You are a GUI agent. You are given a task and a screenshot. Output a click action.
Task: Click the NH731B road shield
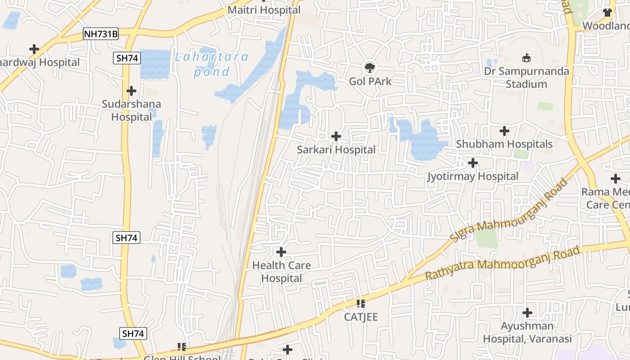click(101, 34)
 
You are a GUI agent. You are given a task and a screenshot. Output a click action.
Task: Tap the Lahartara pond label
click(211, 64)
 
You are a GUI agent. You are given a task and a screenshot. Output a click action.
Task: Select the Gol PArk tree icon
click(370, 68)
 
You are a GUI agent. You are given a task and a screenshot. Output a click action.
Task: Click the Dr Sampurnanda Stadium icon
click(526, 58)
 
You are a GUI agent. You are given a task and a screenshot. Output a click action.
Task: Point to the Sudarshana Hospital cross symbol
click(131, 91)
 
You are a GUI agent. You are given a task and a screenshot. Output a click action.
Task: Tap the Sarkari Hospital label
click(336, 150)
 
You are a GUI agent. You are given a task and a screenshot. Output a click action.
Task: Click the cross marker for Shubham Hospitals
click(504, 131)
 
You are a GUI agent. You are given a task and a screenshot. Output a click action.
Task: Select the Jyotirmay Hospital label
click(473, 176)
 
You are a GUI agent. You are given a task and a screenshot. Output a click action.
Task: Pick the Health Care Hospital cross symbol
click(281, 252)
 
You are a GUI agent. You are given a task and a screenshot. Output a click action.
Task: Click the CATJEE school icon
click(361, 304)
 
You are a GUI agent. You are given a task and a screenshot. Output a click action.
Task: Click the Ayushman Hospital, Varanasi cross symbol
click(527, 312)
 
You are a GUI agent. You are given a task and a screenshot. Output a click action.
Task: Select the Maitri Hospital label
click(264, 10)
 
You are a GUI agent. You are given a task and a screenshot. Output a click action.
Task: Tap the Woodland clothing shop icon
click(607, 12)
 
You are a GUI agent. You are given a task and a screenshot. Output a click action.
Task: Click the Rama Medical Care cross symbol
click(616, 179)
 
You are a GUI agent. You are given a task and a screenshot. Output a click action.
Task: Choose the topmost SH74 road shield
click(127, 58)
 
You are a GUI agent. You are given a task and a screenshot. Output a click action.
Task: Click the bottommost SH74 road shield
click(134, 333)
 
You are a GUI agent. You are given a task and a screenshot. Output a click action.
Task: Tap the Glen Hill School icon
click(182, 346)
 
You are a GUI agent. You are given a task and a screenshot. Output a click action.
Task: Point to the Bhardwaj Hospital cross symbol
click(34, 49)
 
